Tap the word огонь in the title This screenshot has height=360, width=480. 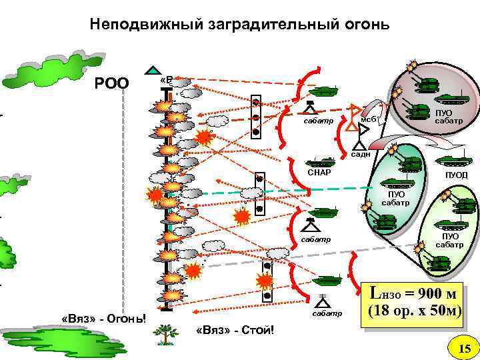[x=359, y=25]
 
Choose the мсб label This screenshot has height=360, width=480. [x=369, y=119]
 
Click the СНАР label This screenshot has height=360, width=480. [x=319, y=173]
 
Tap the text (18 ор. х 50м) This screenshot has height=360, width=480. [x=412, y=311]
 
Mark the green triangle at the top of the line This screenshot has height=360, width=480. [x=154, y=70]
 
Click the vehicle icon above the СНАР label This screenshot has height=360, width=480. [x=322, y=161]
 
